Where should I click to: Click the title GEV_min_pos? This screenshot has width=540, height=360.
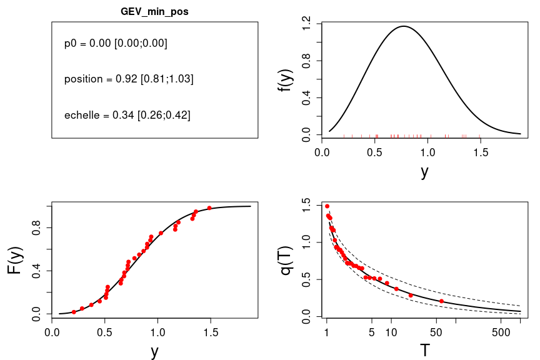click(154, 12)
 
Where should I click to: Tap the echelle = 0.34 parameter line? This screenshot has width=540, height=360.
click(127, 115)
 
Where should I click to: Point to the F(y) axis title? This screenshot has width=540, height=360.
click(15, 261)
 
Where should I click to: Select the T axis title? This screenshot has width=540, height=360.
click(424, 351)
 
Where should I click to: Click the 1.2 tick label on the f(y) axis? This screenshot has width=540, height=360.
click(306, 24)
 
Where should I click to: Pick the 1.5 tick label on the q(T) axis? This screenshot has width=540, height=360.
click(306, 204)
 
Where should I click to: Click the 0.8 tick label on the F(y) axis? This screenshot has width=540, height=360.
click(36, 228)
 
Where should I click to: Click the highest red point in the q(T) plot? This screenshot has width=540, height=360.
click(327, 206)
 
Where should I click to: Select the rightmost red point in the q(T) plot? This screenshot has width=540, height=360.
click(441, 301)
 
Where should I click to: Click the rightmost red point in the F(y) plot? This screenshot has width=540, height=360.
click(209, 208)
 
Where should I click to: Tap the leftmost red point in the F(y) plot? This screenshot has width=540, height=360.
click(74, 312)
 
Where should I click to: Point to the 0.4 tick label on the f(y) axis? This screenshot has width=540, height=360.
click(306, 98)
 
